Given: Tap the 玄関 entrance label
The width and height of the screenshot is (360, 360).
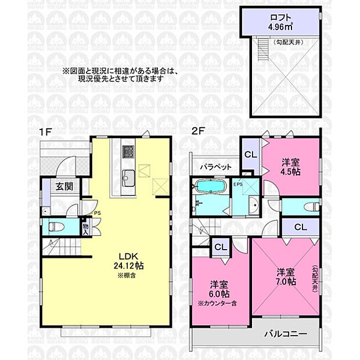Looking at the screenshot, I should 64,187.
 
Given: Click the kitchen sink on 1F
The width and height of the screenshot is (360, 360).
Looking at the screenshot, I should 127,177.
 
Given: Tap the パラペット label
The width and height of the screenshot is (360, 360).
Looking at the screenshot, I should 217,167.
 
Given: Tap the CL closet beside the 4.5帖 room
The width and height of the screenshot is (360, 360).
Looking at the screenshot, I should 250,154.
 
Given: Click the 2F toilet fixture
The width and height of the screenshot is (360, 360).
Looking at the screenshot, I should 307,206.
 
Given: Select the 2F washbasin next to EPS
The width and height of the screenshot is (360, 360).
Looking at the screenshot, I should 254,204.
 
